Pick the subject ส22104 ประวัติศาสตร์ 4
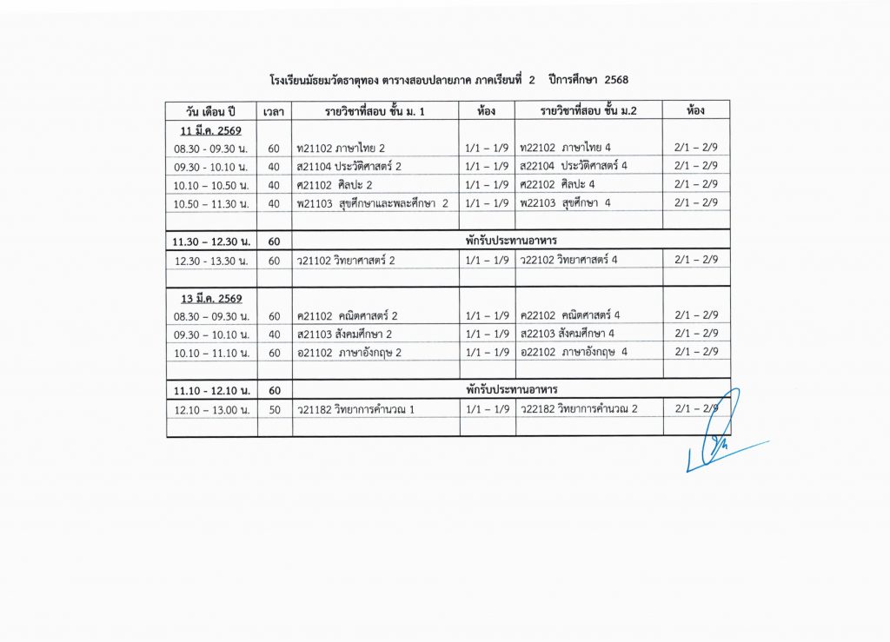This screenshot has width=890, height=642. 574,166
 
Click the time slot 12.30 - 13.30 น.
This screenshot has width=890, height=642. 211,261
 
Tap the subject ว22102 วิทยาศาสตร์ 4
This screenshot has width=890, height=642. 568,260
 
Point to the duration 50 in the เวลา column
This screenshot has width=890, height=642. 275,409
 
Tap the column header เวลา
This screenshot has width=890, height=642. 275,111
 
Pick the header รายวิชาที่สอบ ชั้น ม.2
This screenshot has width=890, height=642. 588,111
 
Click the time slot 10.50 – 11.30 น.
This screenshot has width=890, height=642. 211,203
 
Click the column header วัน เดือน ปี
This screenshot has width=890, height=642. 211,111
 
